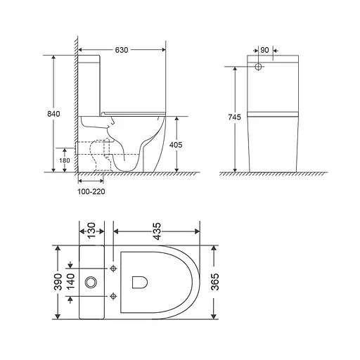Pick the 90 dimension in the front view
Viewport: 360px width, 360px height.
pos(265,51)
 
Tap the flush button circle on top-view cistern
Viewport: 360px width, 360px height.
pos(91,283)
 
